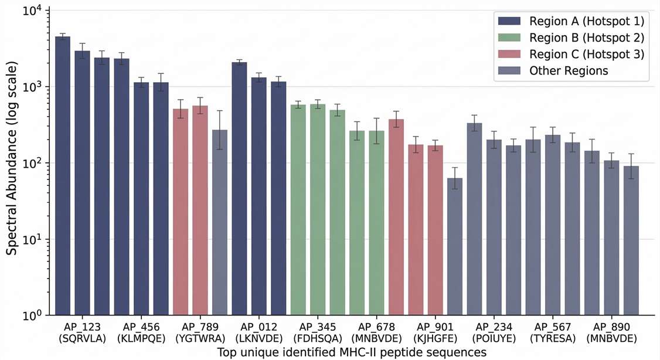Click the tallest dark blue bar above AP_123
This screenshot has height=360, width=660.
click(63, 176)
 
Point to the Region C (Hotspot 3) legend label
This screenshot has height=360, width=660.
click(586, 55)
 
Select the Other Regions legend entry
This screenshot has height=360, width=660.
click(569, 71)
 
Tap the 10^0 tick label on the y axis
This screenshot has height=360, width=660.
click(30, 315)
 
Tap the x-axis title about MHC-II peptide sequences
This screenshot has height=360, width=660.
click(352, 352)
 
